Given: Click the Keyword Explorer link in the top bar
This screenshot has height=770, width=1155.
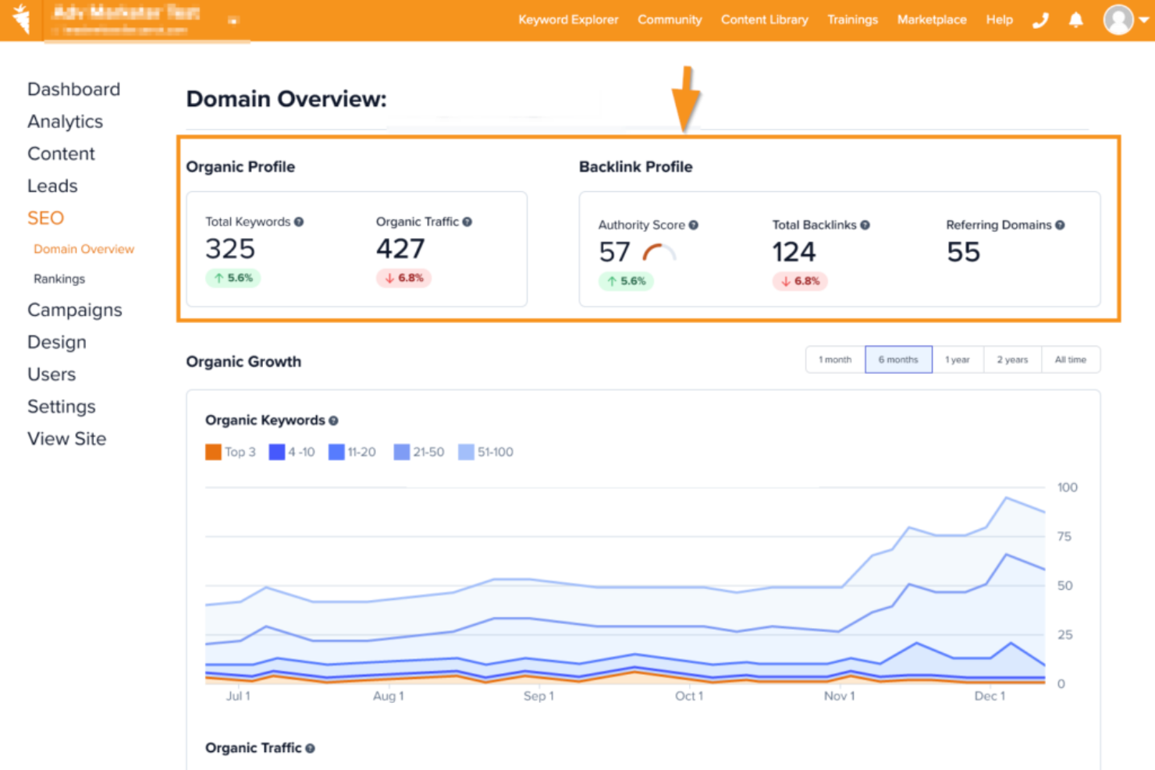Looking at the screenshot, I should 567,20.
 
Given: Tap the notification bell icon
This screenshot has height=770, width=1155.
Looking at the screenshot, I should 1075,20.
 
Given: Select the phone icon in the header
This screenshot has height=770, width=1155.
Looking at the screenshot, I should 1040,20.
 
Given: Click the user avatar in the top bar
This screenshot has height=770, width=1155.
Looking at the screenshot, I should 1118,20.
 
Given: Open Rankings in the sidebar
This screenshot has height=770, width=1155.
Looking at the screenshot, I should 59,279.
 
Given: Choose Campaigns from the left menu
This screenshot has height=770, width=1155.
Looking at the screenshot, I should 75,310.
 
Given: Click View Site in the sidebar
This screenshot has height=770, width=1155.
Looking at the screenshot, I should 66,438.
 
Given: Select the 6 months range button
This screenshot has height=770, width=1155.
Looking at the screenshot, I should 898,360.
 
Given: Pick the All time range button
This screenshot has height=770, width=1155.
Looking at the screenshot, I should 1070,360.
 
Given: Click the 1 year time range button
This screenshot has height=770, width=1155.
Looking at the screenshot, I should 957,360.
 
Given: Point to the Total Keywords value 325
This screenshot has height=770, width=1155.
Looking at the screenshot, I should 230,249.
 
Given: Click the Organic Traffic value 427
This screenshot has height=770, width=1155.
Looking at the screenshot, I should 400,249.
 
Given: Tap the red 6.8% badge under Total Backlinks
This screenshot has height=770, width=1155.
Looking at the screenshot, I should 800,281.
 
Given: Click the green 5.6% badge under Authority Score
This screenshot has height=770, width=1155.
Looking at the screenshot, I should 626,281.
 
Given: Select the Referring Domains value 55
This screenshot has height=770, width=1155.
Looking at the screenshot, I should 963,252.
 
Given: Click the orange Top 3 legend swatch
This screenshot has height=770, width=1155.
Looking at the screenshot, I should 213,452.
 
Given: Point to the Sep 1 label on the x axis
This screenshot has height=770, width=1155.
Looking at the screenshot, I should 538,696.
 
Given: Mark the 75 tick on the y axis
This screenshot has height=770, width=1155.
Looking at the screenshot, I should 1064,536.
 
